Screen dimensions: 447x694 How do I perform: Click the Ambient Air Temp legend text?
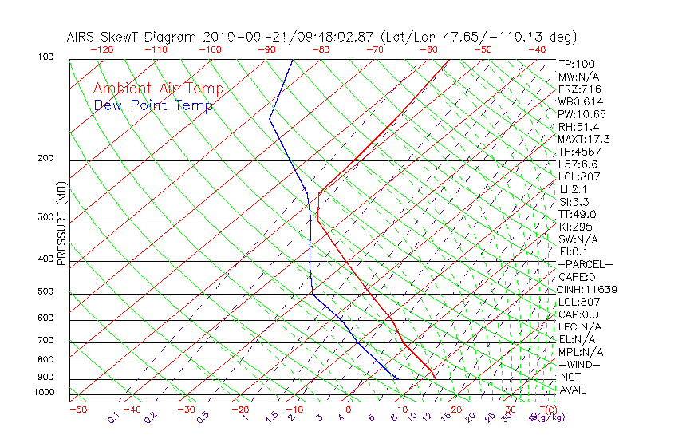(158, 89)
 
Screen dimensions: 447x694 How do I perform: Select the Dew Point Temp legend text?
(152, 105)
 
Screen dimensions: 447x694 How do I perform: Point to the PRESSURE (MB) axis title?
(61, 226)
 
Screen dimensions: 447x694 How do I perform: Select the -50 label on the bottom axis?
(77, 409)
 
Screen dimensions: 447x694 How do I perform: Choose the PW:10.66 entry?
(582, 114)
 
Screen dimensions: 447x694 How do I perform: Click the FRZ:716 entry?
(579, 89)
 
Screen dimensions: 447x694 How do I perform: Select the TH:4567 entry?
(579, 152)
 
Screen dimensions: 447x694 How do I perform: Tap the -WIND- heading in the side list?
(580, 364)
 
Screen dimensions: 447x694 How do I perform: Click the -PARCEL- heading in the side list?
(585, 264)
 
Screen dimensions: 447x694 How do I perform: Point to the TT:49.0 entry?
(578, 214)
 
